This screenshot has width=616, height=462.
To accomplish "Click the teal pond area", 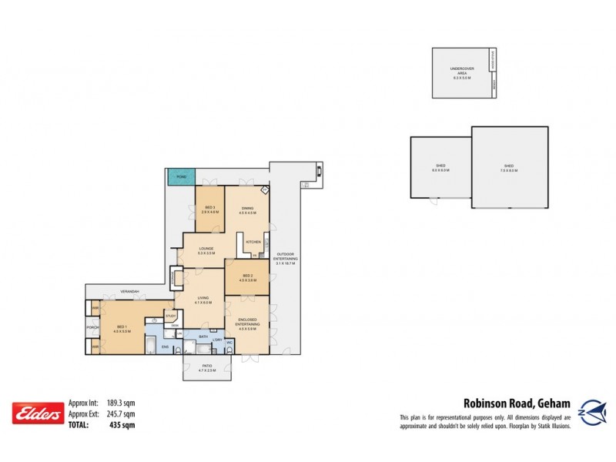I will coord(182,177).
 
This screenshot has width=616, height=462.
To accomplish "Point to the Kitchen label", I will coord(253,243).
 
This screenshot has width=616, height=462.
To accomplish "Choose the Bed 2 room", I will coord(247,277).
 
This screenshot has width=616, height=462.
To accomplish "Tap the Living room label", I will coord(199,301).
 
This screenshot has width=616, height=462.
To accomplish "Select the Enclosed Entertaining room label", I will coord(247,324).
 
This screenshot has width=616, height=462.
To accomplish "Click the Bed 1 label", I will coord(122,329).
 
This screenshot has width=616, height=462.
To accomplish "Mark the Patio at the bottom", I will coord(206,368).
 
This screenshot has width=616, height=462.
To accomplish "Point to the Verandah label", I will coord(130,292).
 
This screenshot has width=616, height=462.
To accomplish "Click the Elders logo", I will coord(36,414).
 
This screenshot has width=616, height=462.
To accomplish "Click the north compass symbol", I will coord(589,406).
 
